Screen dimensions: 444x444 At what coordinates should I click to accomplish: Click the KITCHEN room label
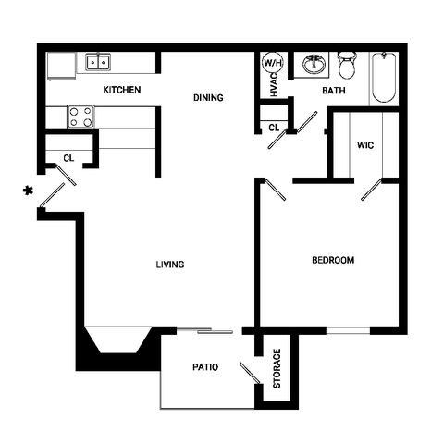click(x=122, y=90)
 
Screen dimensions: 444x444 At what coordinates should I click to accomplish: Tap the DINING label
click(x=208, y=98)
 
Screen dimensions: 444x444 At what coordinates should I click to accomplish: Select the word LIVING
click(x=170, y=265)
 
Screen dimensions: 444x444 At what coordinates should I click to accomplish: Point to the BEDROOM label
click(x=333, y=260)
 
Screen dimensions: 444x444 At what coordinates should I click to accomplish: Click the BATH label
click(x=334, y=91)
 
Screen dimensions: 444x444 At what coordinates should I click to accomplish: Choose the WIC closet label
click(x=365, y=145)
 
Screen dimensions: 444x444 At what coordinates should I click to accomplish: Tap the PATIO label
click(x=205, y=367)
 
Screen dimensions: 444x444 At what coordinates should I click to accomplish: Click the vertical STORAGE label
click(x=277, y=368)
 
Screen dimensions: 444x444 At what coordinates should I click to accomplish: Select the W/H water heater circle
click(x=273, y=63)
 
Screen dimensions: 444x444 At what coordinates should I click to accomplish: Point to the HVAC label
click(x=274, y=85)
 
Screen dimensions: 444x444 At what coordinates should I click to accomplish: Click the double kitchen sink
click(x=98, y=62)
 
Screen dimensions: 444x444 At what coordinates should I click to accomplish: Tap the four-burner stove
click(x=80, y=117)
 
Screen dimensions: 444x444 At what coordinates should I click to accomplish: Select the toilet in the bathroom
click(x=347, y=66)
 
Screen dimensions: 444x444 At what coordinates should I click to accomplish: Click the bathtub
click(x=384, y=78)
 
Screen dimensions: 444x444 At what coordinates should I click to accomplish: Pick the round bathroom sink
click(x=314, y=65)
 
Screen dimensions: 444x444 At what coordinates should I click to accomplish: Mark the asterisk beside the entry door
click(x=28, y=191)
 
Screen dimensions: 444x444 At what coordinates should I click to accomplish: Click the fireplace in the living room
click(x=118, y=347)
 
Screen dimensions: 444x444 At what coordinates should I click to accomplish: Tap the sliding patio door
click(x=204, y=330)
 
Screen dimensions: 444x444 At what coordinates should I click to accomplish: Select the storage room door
click(x=250, y=374)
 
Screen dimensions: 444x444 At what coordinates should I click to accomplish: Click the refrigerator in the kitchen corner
click(x=61, y=66)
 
